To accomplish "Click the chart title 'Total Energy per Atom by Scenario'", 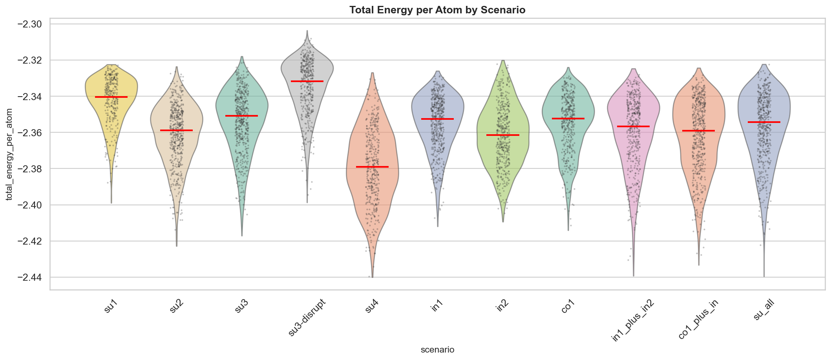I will click(x=437, y=10).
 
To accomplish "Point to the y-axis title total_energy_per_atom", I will click(x=9, y=154).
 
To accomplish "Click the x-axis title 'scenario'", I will click(x=437, y=349).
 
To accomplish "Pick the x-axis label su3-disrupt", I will click(x=307, y=317).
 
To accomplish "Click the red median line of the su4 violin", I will click(x=372, y=167).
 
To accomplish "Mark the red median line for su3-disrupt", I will click(x=307, y=81).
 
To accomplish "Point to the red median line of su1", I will click(x=111, y=97).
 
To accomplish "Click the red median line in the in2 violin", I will click(x=503, y=135).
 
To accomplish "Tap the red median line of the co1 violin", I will click(x=568, y=119).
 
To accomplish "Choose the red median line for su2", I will click(x=176, y=130).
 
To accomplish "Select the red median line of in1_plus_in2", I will click(x=633, y=126).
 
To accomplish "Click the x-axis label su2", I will click(x=177, y=307).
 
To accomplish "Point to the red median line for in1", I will click(x=437, y=119).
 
